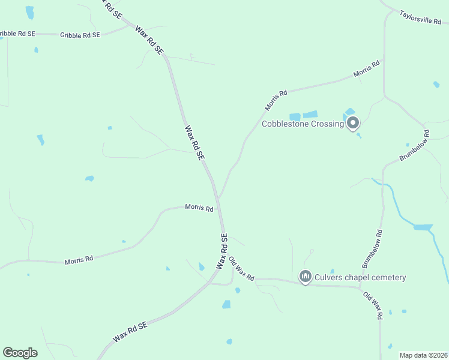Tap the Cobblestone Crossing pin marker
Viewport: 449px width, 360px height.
point(353,124)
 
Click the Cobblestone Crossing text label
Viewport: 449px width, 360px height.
point(303,124)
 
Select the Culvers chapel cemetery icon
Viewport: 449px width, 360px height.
point(305,277)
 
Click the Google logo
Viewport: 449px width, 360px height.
point(20,353)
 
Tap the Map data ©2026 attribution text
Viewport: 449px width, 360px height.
point(423,355)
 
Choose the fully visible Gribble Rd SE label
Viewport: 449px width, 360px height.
point(80,35)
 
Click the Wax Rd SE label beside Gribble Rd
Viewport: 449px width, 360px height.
point(149,40)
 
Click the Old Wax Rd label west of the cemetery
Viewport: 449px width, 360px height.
point(242,269)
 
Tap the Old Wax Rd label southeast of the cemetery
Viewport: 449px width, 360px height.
point(372,306)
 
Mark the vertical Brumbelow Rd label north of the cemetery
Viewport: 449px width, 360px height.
point(372,248)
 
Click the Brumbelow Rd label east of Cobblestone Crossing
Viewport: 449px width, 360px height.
point(415,146)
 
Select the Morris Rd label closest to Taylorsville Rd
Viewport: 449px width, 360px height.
point(367,68)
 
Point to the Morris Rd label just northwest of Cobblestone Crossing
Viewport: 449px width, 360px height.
point(276,100)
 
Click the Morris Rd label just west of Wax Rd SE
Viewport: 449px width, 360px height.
point(199,208)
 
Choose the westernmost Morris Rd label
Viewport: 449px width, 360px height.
point(79,260)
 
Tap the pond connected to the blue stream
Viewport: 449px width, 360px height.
point(423,227)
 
